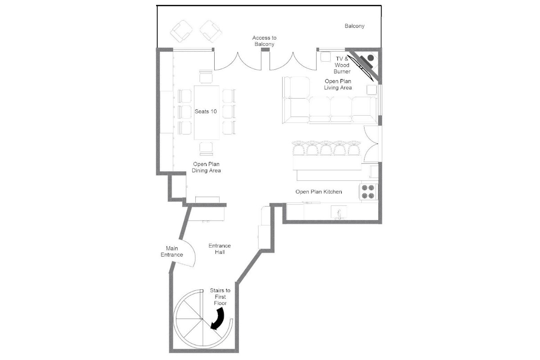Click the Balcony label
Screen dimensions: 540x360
click(x=354, y=26)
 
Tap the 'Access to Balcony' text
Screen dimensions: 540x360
click(x=264, y=41)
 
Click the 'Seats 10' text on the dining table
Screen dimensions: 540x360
click(x=206, y=112)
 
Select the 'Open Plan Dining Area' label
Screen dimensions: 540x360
click(x=206, y=167)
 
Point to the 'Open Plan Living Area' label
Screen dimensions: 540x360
click(x=338, y=85)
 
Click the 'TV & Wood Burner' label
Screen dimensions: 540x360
click(x=342, y=65)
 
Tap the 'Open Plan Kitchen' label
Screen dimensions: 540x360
click(x=319, y=192)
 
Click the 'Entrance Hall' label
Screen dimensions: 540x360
click(x=220, y=249)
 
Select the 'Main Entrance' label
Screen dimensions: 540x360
click(x=172, y=252)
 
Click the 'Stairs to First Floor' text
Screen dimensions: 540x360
click(x=220, y=297)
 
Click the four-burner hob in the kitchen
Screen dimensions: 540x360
click(x=368, y=192)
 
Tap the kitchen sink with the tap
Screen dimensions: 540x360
click(x=339, y=212)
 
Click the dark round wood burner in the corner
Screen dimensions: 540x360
click(x=370, y=58)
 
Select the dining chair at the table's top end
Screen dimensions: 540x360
click(x=206, y=76)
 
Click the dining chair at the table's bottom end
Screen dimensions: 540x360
click(x=206, y=149)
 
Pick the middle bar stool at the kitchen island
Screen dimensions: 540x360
click(x=326, y=148)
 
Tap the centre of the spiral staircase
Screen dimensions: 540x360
click(x=202, y=319)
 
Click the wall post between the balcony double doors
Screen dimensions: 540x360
click(x=265, y=49)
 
